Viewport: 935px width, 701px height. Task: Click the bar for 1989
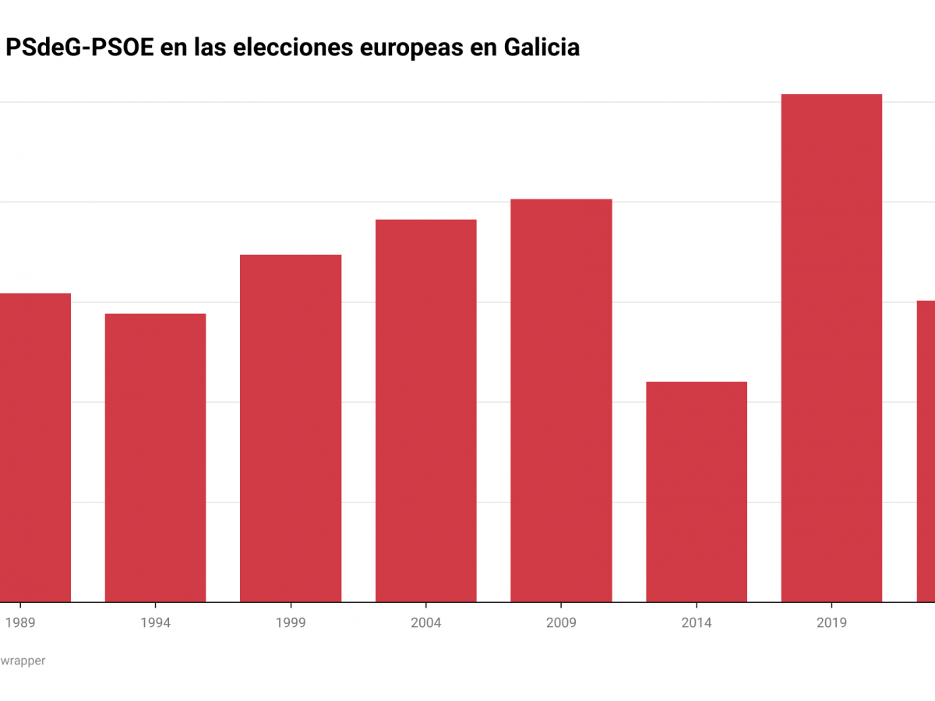tap(35, 448)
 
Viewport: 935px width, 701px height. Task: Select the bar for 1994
tap(155, 458)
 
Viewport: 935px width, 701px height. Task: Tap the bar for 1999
tap(291, 428)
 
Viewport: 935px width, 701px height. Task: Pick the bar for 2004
tap(425, 410)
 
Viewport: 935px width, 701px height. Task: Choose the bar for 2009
tap(561, 400)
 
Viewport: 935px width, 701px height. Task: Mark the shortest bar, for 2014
tap(697, 491)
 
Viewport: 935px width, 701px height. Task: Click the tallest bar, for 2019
tap(831, 348)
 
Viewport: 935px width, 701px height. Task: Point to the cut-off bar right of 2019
tap(926, 451)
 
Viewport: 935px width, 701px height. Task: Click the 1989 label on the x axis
tap(20, 623)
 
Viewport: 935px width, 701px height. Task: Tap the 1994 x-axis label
tap(155, 623)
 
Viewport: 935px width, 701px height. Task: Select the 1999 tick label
tap(291, 623)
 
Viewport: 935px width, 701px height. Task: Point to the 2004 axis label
tap(425, 623)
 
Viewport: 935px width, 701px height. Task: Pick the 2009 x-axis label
tap(561, 623)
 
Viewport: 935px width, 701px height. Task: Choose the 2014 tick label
tap(697, 623)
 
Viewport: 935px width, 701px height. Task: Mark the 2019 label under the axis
tap(831, 623)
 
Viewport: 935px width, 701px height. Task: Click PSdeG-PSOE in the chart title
tap(79, 48)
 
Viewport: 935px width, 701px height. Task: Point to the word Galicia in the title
tap(542, 48)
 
